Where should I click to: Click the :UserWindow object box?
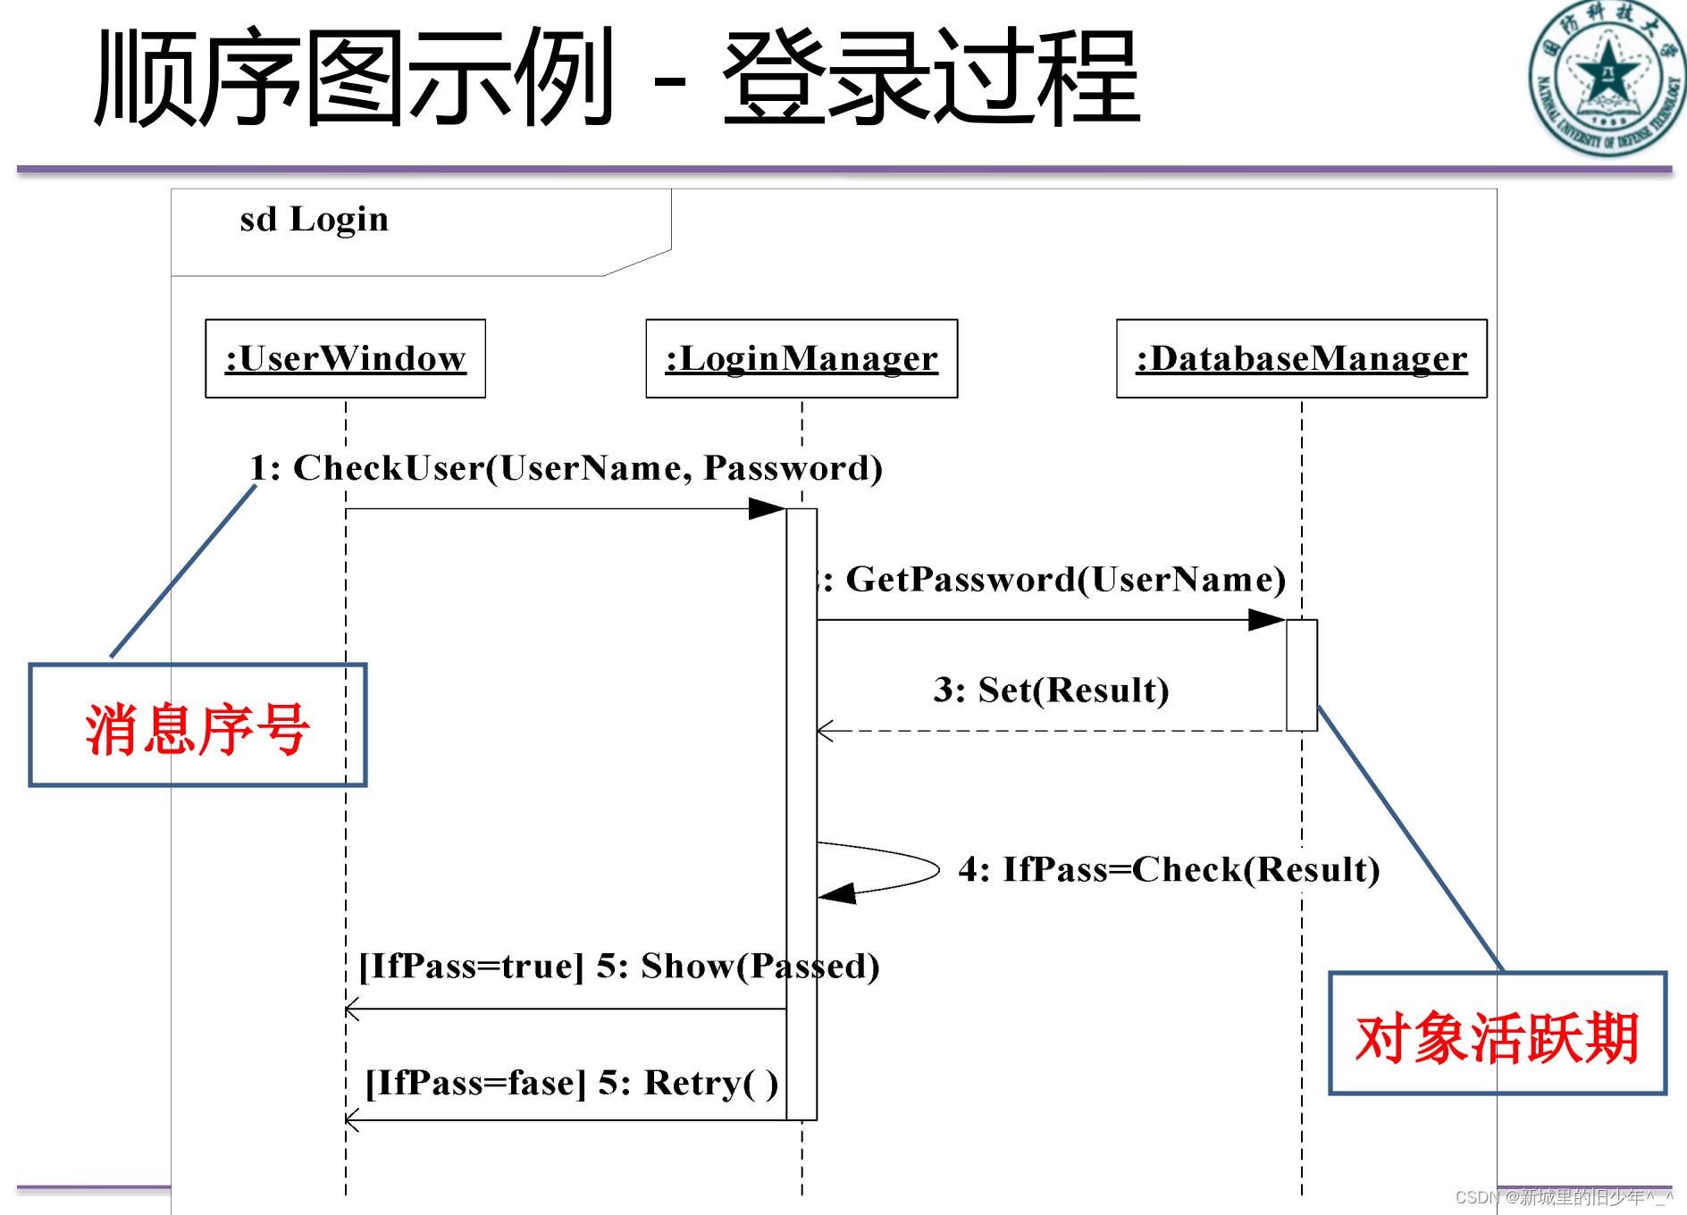(x=345, y=358)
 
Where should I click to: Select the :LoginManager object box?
(x=802, y=358)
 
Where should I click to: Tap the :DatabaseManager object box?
(x=1301, y=358)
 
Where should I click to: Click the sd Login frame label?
(x=314, y=220)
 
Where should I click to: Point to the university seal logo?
(x=1606, y=79)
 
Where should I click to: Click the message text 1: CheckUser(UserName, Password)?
(x=566, y=468)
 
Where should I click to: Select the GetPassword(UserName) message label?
(x=1054, y=580)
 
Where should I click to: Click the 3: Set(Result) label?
(x=1051, y=691)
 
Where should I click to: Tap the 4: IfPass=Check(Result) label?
(x=1169, y=869)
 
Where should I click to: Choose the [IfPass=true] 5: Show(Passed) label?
(x=618, y=966)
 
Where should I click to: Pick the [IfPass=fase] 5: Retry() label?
(x=572, y=1083)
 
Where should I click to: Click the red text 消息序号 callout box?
(x=197, y=725)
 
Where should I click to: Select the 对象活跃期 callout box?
(x=1497, y=1034)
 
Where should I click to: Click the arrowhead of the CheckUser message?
(x=768, y=509)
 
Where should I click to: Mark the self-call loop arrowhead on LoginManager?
(x=837, y=892)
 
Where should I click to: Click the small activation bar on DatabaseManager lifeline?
(x=1301, y=675)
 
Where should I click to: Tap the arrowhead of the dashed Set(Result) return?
(x=825, y=731)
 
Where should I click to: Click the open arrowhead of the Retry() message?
(x=352, y=1119)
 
